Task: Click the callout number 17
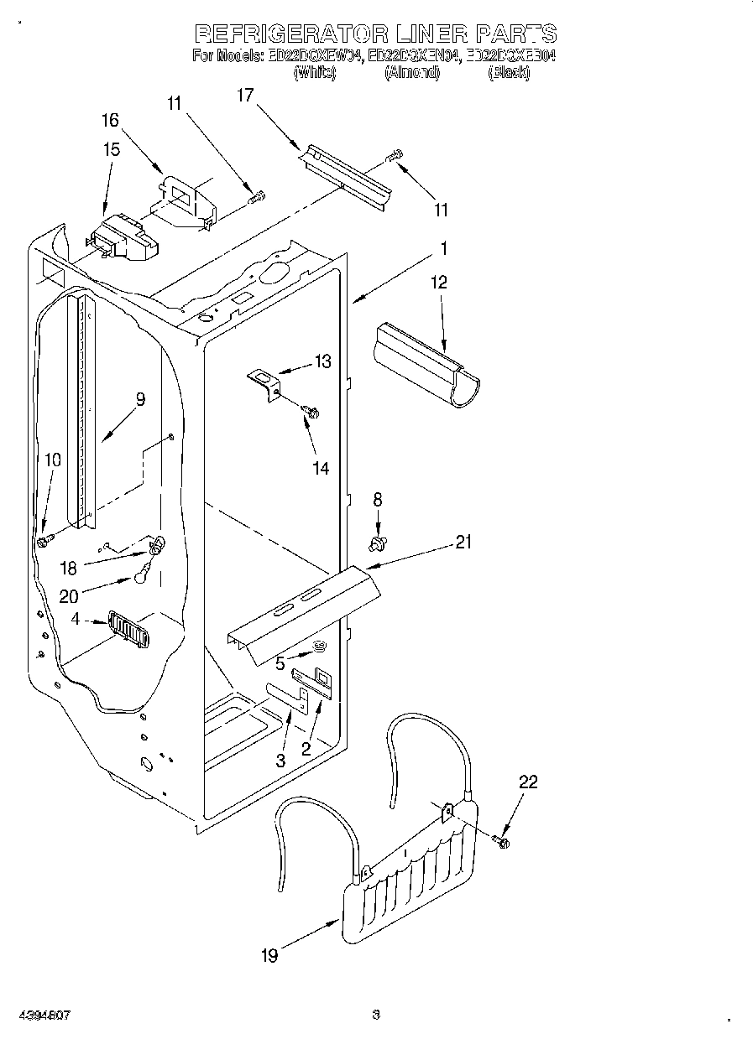pos(244,96)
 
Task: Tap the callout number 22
pos(528,782)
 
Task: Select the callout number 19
pos(269,954)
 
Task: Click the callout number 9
pos(140,399)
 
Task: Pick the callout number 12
pos(439,283)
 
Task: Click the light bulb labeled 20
pos(142,578)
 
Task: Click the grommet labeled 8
pos(378,544)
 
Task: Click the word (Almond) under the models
pos(412,73)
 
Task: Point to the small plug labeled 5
pos(319,645)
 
